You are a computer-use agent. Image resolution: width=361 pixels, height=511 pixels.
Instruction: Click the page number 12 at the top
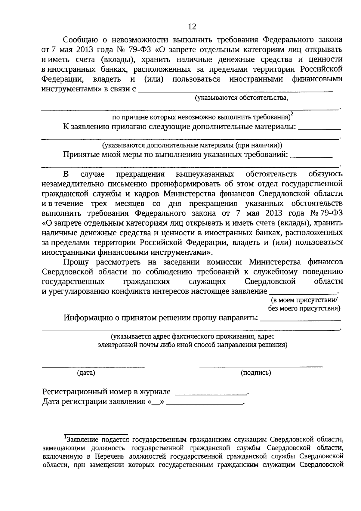[x=192, y=26]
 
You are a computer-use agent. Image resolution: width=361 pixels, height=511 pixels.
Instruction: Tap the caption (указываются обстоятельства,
[x=241, y=98]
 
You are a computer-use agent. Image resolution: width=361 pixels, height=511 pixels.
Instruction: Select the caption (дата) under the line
[x=86, y=373]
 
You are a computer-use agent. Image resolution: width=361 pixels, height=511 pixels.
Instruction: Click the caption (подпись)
[x=256, y=373]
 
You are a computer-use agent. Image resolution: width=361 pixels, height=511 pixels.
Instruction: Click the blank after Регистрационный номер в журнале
[x=211, y=393]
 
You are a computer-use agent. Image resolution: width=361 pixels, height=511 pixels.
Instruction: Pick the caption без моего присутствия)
[x=304, y=308]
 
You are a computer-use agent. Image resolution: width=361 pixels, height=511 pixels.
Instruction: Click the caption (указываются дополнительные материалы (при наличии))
[x=192, y=145]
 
